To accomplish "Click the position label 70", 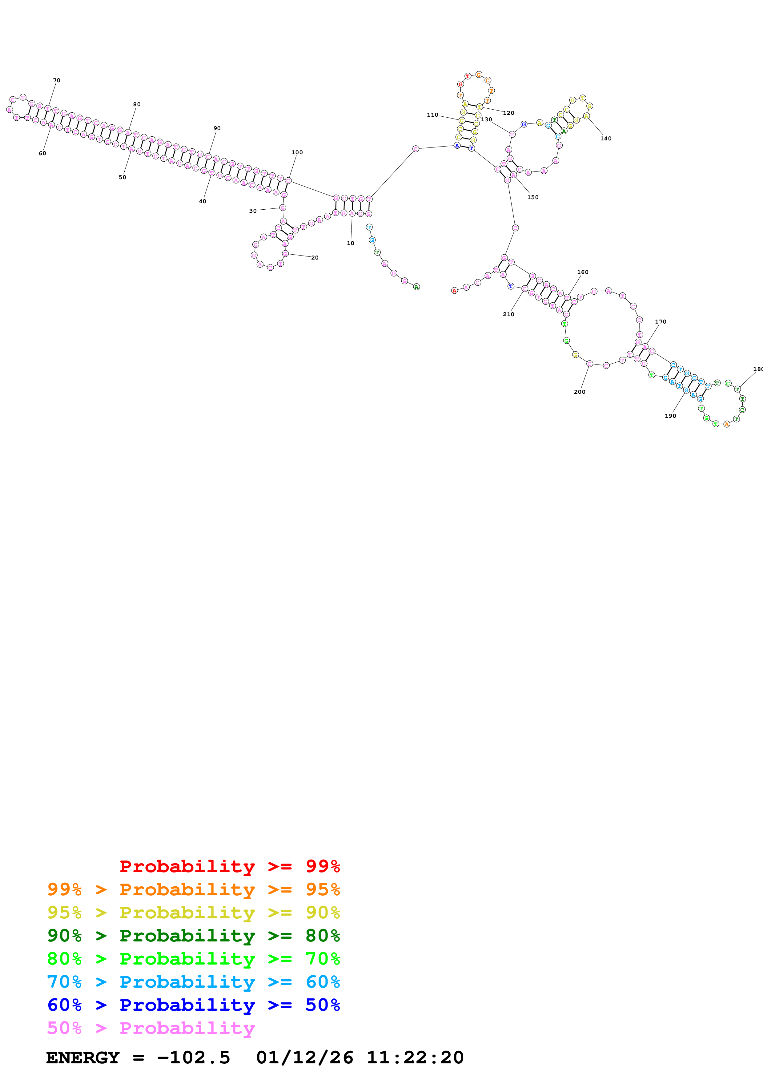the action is (56, 80).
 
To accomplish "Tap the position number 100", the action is (297, 152).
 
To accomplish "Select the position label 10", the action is (350, 243).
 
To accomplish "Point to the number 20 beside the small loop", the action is (315, 258).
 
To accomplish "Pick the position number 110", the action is (432, 115).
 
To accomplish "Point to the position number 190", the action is (670, 416).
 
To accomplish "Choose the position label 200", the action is (580, 392).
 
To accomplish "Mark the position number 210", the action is (509, 314).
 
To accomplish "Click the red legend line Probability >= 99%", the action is (229, 866).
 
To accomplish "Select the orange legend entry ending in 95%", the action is (194, 889).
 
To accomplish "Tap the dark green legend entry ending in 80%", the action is (194, 936).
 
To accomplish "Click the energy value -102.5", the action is (193, 1058).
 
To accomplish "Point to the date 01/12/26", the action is (305, 1058).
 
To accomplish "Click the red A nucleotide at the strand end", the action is (454, 291).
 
